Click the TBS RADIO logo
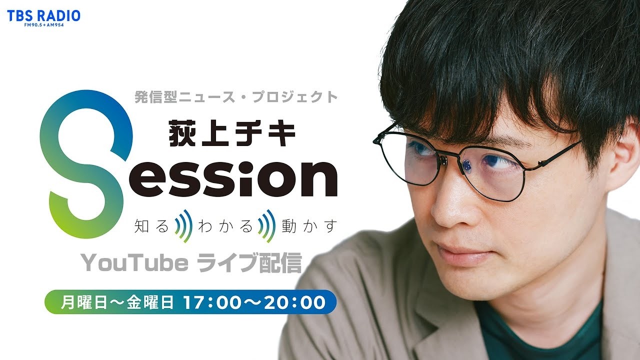click(43, 15)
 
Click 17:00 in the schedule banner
click(206, 302)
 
